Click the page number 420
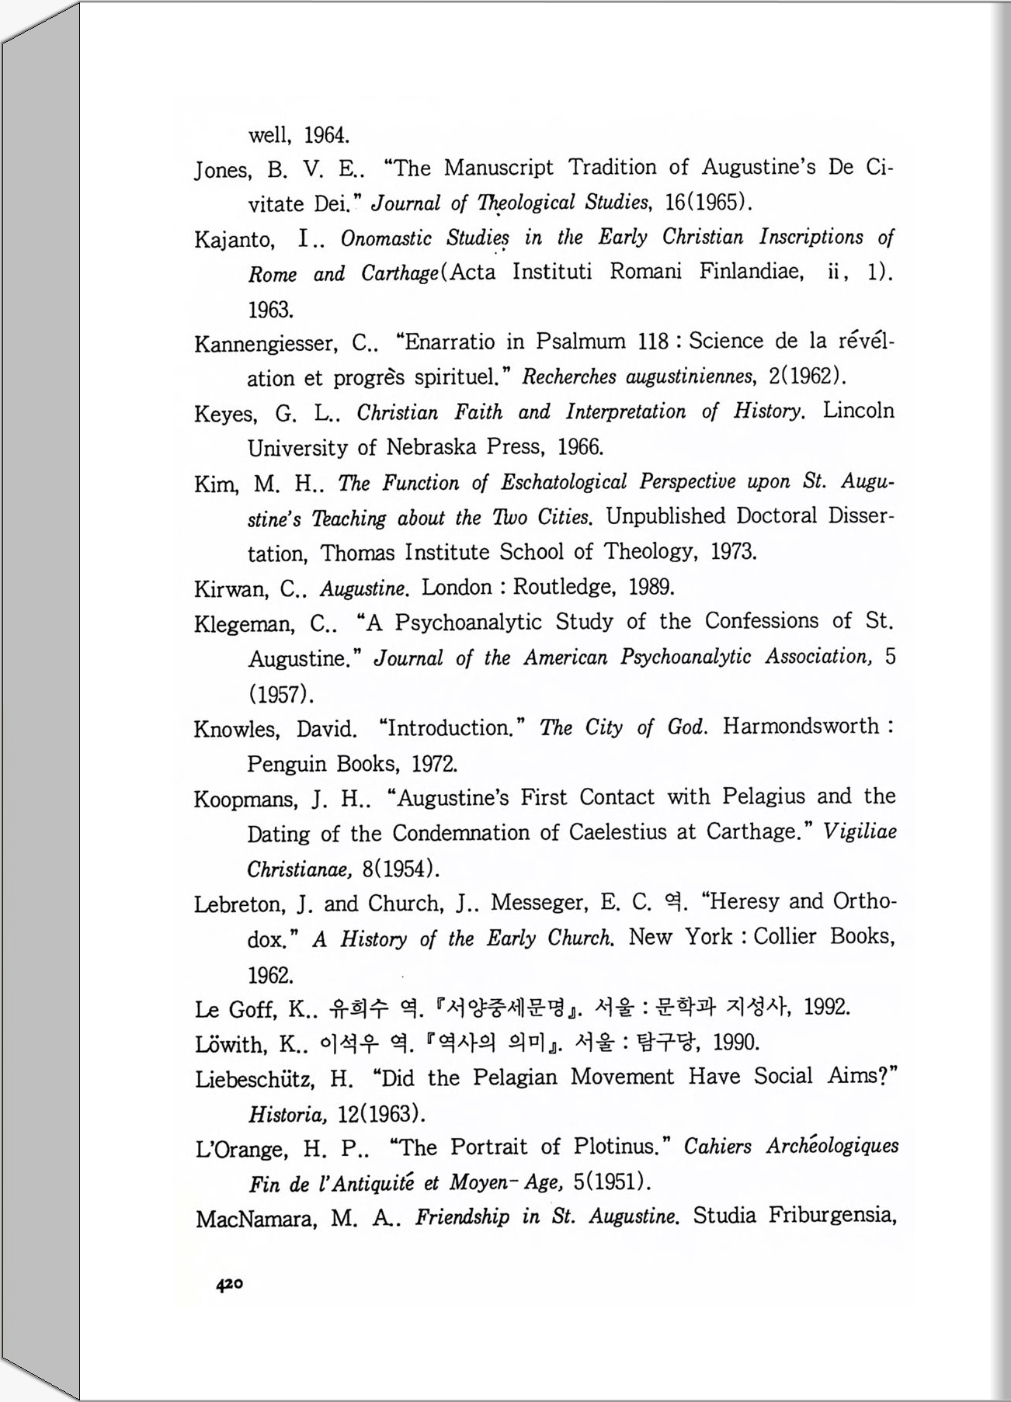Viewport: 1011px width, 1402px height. [230, 1285]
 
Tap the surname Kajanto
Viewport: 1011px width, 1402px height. [234, 239]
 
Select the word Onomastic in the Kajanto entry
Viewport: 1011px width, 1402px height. [386, 238]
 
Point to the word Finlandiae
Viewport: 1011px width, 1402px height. [751, 272]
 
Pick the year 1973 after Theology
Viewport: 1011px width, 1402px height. [733, 552]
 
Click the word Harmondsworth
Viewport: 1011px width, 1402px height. [801, 727]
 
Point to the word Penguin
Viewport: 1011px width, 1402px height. [287, 764]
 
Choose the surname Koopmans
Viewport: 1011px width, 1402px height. [244, 799]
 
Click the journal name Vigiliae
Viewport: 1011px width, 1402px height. [860, 832]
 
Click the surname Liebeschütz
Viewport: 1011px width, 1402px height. [255, 1079]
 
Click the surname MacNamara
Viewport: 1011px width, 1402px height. [255, 1219]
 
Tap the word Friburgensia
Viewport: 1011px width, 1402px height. [832, 1216]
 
